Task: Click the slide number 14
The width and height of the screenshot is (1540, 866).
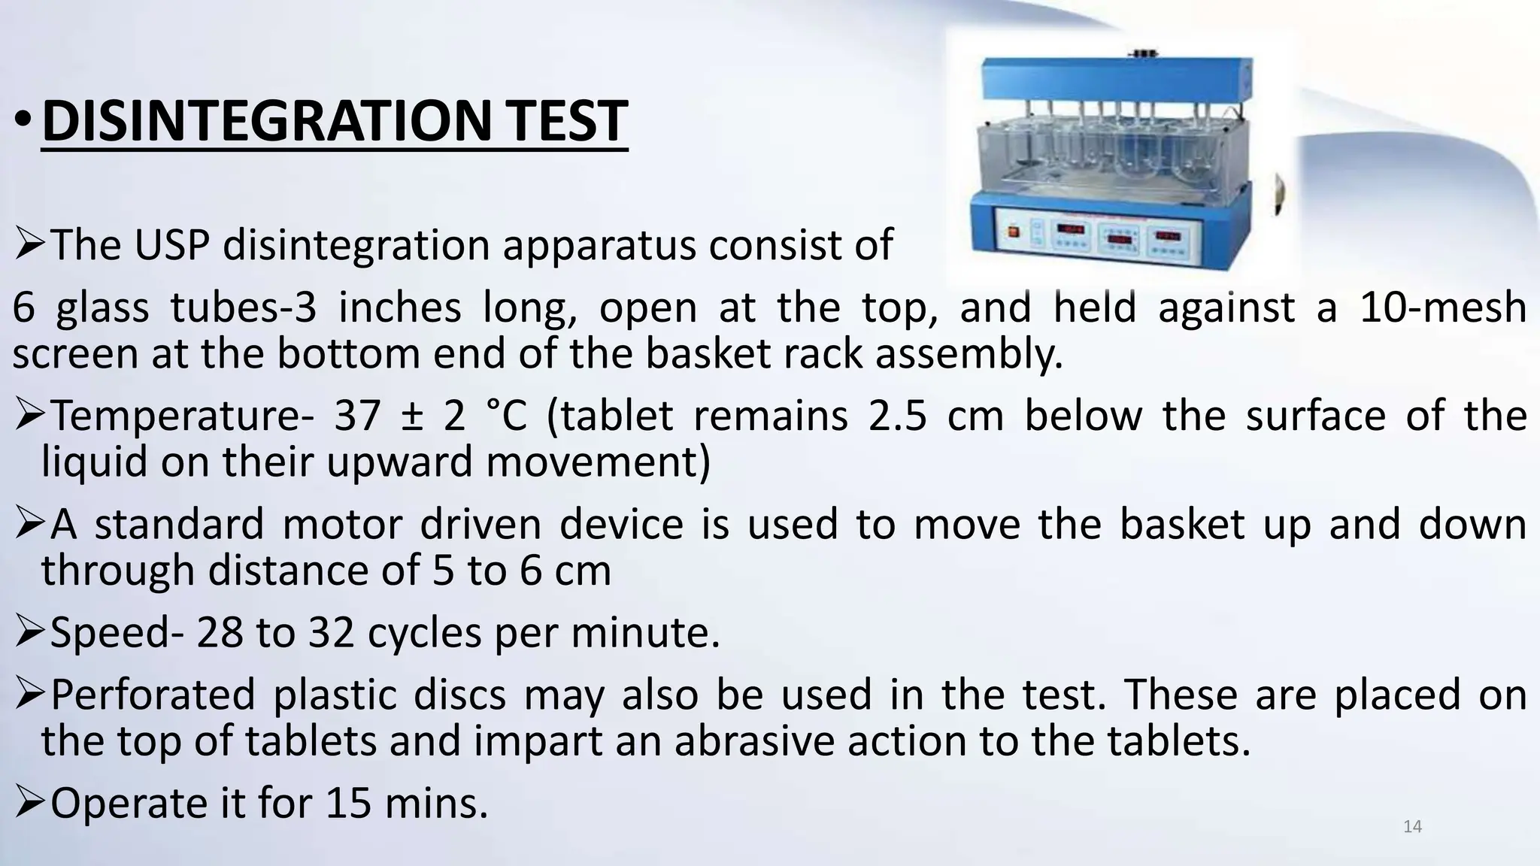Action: coord(1412,827)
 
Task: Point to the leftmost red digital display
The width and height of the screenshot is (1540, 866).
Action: coord(1071,229)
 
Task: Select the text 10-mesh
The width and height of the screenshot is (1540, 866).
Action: coord(1442,308)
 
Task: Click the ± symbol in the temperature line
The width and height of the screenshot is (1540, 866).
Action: coord(412,416)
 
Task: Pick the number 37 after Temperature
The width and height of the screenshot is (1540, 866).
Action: coord(357,416)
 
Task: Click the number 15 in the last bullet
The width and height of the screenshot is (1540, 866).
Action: coord(348,803)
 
